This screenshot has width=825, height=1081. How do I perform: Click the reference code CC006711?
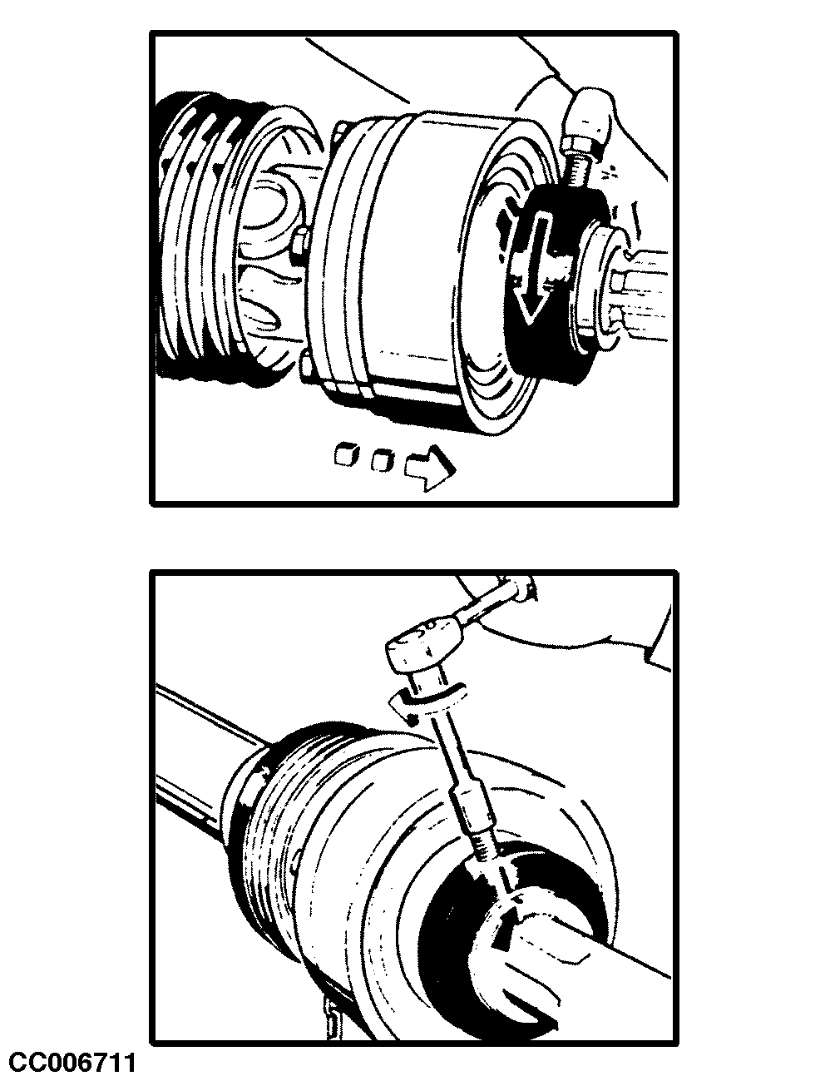72,1063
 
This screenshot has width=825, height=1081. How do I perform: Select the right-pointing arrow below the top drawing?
429,468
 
